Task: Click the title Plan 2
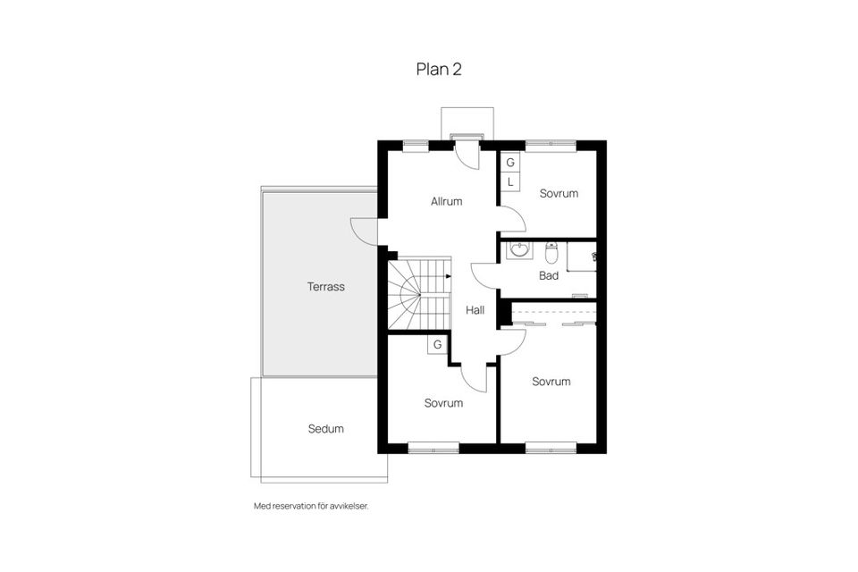pyautogui.click(x=438, y=69)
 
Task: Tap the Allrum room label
pyautogui.click(x=446, y=202)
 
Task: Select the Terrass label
pyautogui.click(x=326, y=287)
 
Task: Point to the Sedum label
pyautogui.click(x=325, y=429)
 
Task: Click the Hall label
pyautogui.click(x=475, y=310)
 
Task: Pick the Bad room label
pyautogui.click(x=548, y=276)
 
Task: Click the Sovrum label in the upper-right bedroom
pyautogui.click(x=559, y=194)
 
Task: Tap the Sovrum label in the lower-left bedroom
pyautogui.click(x=443, y=403)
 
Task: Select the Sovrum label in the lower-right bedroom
pyautogui.click(x=551, y=382)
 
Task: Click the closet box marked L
pyautogui.click(x=510, y=182)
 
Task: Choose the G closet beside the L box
pyautogui.click(x=510, y=163)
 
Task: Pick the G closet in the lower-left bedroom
pyautogui.click(x=438, y=344)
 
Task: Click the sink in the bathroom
pyautogui.click(x=518, y=250)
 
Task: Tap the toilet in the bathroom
pyautogui.click(x=551, y=249)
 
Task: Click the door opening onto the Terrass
pyautogui.click(x=364, y=231)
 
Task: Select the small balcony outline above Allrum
pyautogui.click(x=467, y=122)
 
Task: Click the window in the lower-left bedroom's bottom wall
pyautogui.click(x=433, y=446)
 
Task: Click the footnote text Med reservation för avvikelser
pyautogui.click(x=311, y=506)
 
